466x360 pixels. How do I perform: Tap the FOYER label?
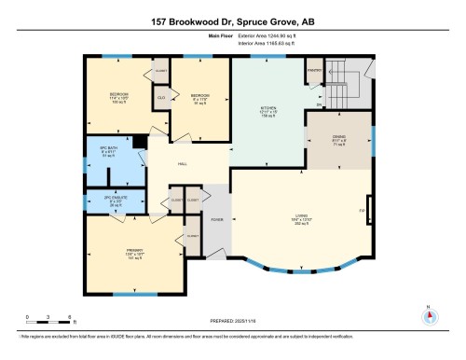click(215, 220)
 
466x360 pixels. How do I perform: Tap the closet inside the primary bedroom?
click(193, 235)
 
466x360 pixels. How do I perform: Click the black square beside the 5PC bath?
click(137, 142)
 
